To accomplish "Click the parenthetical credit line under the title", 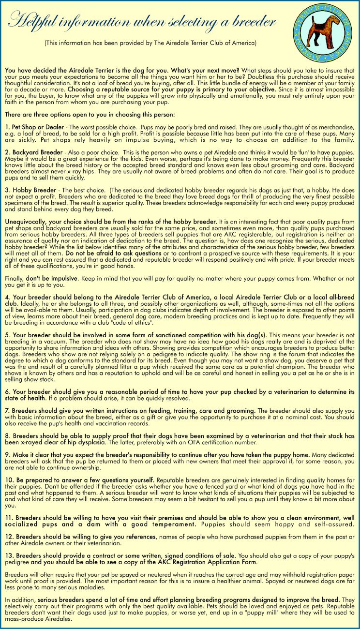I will pos(150,43).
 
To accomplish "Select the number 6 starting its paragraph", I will pos(7,391).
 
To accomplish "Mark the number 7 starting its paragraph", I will pos(7,410).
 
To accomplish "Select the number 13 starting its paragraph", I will pos(9,555).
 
